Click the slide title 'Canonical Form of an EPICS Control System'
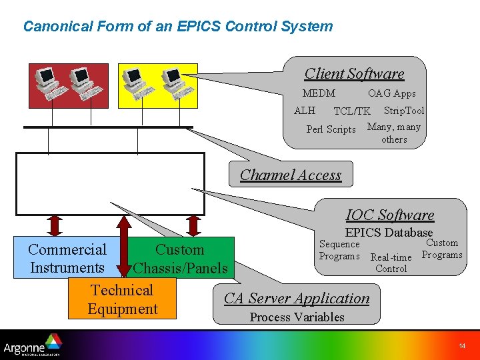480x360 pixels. point(177,27)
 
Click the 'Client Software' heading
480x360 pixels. point(354,73)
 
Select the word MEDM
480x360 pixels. point(319,93)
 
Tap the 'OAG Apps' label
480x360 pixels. point(391,93)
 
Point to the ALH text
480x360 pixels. point(305,110)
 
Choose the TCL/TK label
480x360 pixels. point(351,111)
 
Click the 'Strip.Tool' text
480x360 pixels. point(403,110)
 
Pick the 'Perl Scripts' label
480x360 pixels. point(331,129)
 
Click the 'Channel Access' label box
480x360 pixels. point(291,175)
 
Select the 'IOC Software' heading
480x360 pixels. point(390,215)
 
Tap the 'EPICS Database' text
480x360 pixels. point(389,232)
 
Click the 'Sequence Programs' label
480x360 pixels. point(339,250)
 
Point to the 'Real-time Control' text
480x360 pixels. point(391,263)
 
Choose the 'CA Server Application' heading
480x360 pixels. point(297,298)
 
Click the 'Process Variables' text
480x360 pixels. point(297,317)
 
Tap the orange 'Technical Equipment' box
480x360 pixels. point(122,299)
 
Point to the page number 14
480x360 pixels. point(462,345)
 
